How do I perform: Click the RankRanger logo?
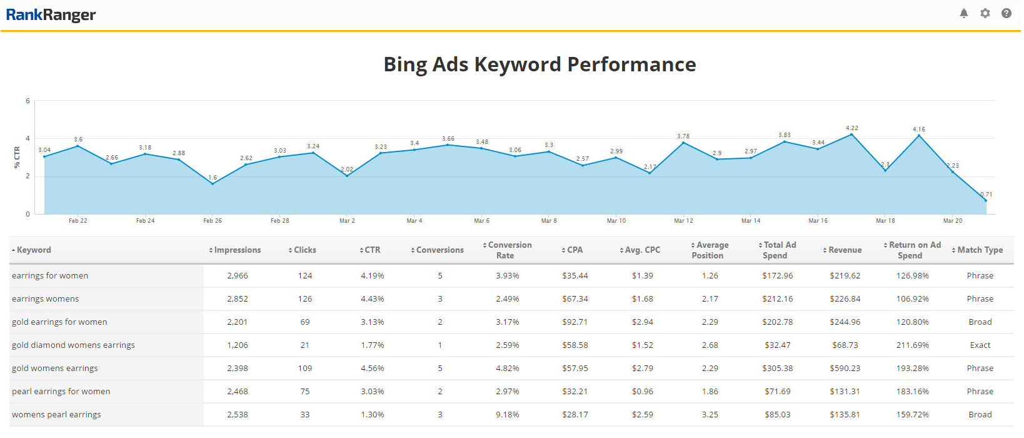click(x=51, y=15)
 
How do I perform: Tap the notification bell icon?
click(x=964, y=13)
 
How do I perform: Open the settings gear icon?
click(x=985, y=13)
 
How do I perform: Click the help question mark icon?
click(x=1006, y=13)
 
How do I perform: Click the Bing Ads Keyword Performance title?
click(x=540, y=64)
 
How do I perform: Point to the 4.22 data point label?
click(x=852, y=128)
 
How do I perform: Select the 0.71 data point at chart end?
click(x=986, y=200)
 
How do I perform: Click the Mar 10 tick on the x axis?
click(x=616, y=221)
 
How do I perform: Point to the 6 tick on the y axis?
click(x=28, y=101)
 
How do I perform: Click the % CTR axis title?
click(x=18, y=157)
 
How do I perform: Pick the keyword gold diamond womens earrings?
click(x=73, y=345)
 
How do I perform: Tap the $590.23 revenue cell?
click(x=845, y=369)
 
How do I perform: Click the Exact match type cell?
click(x=980, y=345)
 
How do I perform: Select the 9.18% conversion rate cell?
click(x=508, y=415)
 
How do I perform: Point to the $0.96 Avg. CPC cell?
click(x=643, y=392)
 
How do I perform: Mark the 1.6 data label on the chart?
click(x=213, y=178)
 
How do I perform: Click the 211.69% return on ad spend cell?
click(x=913, y=345)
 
